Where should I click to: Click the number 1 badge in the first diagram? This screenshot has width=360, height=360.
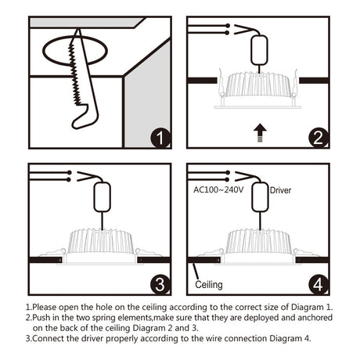tap(160, 138)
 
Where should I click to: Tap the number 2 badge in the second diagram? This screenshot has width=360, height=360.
tap(319, 138)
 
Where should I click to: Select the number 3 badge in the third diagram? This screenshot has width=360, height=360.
tap(160, 285)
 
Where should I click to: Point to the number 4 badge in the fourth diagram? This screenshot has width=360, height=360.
tap(319, 285)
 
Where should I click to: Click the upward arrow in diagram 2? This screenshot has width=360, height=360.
tap(260, 133)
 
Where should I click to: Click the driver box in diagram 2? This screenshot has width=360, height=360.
tap(259, 50)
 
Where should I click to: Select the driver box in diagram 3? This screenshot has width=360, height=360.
tap(102, 197)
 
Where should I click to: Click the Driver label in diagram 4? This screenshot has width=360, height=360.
tap(280, 190)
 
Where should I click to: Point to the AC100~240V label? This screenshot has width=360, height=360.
tap(218, 189)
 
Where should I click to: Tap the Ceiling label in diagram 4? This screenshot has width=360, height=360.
tap(209, 284)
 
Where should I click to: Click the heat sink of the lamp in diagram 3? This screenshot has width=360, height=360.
tap(101, 241)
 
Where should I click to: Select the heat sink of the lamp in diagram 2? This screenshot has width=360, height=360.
tap(258, 84)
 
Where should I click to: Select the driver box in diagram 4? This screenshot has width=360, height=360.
tap(260, 197)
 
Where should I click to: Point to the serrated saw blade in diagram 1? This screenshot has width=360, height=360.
tap(75, 74)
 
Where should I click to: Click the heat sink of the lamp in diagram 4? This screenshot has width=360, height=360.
tap(259, 241)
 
